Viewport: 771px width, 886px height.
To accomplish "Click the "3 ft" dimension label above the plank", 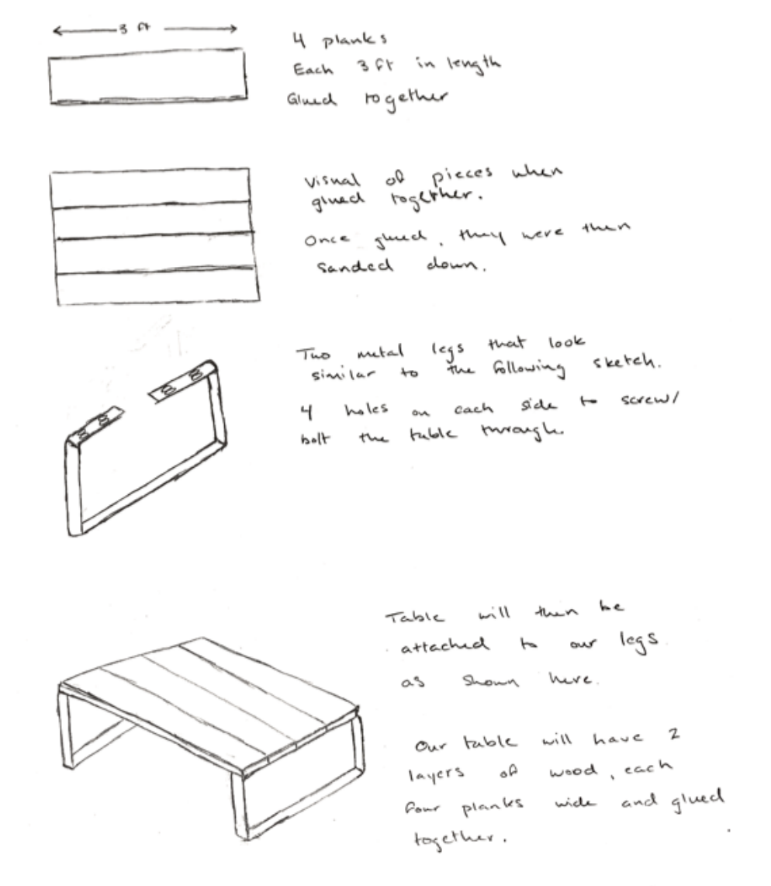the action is point(134,27).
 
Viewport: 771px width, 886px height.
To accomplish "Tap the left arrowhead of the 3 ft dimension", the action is point(57,30).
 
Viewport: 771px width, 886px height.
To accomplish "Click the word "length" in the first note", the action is point(473,64).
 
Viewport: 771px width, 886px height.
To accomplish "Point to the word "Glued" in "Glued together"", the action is point(311,99).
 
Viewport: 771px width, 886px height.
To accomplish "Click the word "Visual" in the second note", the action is point(332,180).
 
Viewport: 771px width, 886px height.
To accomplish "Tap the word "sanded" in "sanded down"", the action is point(354,265).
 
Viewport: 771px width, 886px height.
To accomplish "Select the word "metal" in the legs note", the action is point(380,351).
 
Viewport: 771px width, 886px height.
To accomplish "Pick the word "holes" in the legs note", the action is point(367,409).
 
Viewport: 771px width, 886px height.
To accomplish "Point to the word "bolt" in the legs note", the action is point(315,438).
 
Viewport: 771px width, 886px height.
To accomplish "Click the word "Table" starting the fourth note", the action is point(415,616).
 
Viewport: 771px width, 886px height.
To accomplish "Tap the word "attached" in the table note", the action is point(444,645).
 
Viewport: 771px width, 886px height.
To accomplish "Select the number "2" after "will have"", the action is point(673,734).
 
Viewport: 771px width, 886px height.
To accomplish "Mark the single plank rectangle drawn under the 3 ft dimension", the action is point(148,76).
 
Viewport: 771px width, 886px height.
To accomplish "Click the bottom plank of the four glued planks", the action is point(158,287).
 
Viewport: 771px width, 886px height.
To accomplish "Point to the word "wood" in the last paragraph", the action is point(572,770).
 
